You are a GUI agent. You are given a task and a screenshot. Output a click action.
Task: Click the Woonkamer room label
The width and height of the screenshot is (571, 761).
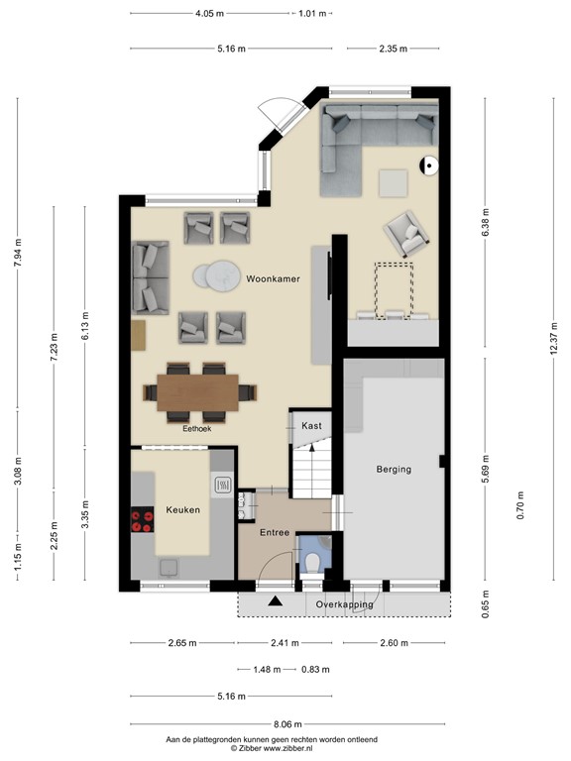click(274, 279)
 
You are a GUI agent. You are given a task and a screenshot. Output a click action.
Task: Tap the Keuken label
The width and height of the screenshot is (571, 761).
click(184, 510)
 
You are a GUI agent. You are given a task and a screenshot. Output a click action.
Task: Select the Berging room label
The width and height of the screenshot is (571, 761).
click(394, 469)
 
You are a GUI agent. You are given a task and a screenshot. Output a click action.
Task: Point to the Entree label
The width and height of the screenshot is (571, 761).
click(275, 533)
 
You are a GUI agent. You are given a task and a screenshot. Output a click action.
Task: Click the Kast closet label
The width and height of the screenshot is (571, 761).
click(312, 425)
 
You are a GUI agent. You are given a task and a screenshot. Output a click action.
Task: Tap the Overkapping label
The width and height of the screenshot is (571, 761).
click(344, 603)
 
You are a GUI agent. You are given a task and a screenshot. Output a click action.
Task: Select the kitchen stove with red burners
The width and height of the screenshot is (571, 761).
click(142, 520)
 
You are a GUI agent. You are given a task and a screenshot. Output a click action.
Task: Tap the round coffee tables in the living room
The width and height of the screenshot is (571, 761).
click(216, 274)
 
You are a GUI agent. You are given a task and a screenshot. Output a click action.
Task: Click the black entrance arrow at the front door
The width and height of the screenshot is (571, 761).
click(275, 600)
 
